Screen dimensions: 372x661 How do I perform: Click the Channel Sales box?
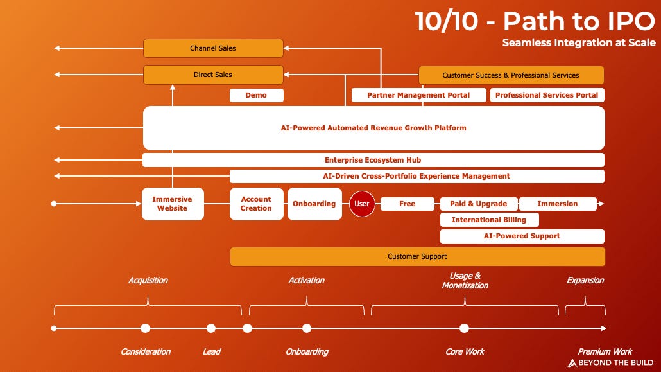point(213,48)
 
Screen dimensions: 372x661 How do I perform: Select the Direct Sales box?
point(213,75)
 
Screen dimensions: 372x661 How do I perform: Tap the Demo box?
point(256,95)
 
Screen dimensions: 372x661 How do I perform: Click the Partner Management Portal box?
point(418,95)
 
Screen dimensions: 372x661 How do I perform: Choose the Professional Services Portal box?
point(547,95)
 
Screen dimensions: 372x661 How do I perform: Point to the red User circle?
point(362,204)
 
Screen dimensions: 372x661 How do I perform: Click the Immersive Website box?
point(173,204)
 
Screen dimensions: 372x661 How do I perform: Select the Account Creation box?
point(256,204)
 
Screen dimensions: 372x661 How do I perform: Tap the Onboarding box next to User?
point(314,204)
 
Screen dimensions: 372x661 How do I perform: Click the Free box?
point(408,204)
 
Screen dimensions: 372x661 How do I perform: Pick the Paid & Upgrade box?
point(478,204)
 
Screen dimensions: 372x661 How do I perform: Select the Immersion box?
point(557,204)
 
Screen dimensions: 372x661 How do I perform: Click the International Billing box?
point(489,220)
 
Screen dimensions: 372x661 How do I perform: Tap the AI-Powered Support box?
point(522,236)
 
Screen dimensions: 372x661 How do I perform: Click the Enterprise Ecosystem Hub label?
point(373,160)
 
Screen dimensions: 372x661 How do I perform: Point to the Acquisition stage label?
point(148,280)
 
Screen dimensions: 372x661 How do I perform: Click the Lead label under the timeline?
point(211,351)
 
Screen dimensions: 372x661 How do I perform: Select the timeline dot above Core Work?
point(465,328)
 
